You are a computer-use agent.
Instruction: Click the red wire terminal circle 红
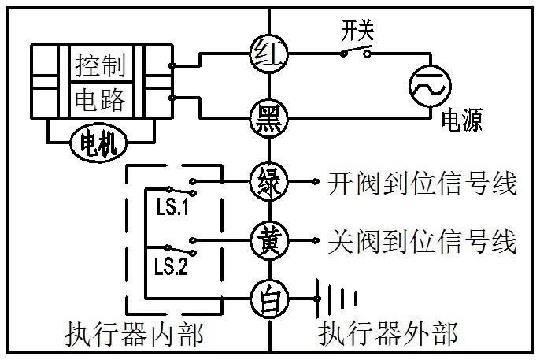(x=269, y=54)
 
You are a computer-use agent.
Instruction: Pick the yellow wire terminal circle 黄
(x=269, y=238)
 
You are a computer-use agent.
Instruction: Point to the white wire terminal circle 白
(x=269, y=299)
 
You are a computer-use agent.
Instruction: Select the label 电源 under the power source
(x=461, y=121)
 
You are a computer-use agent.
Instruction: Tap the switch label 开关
(x=357, y=32)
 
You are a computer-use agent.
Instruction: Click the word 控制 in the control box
(x=100, y=65)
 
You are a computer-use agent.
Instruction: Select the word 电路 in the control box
(x=100, y=99)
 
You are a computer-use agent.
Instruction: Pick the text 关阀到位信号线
(x=421, y=240)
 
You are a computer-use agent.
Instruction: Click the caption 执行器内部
(x=133, y=335)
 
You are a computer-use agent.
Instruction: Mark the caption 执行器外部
(x=387, y=335)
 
